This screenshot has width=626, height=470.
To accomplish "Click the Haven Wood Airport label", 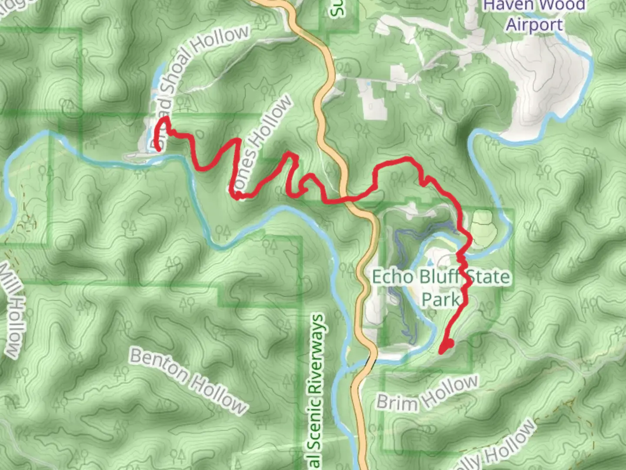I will pos(534,15).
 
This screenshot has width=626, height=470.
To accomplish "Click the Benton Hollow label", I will pos(189,381).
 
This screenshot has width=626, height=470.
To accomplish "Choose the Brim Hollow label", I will pos(427,394).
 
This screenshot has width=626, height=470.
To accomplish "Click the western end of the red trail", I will pos(158,149).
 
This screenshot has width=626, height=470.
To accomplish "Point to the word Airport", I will pos(534,24).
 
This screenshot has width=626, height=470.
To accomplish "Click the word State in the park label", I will pos(488,277).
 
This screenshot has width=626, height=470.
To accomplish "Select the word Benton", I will pos(159,364).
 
